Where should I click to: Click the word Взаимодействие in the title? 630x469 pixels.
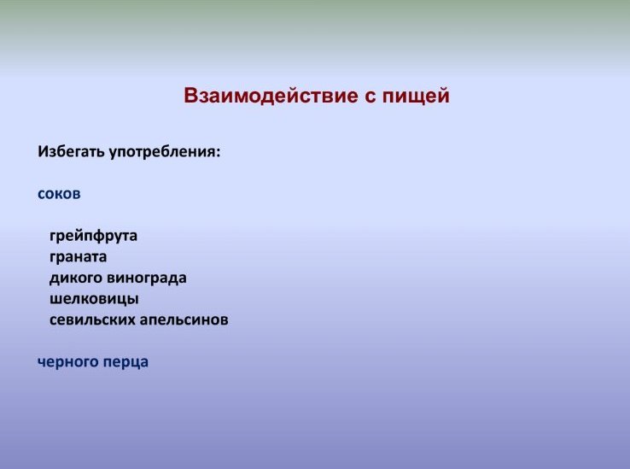pos(271,96)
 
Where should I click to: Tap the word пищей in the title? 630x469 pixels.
pos(416,97)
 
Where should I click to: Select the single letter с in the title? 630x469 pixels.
pos(370,98)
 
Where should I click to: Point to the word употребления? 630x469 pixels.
pos(163,153)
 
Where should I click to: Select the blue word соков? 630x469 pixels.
pos(59,194)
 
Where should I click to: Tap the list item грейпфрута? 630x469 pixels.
pos(93,236)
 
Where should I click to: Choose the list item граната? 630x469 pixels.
pos(78,257)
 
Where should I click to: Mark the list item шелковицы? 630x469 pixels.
pos(94,299)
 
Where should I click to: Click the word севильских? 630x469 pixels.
pos(92,320)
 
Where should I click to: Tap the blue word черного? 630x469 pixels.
pos(68,362)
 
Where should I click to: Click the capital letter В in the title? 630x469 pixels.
pos(191,96)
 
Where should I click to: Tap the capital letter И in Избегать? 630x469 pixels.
pos(44,152)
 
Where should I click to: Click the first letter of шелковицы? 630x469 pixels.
pos(55,300)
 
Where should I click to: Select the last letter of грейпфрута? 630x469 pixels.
pos(132,237)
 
